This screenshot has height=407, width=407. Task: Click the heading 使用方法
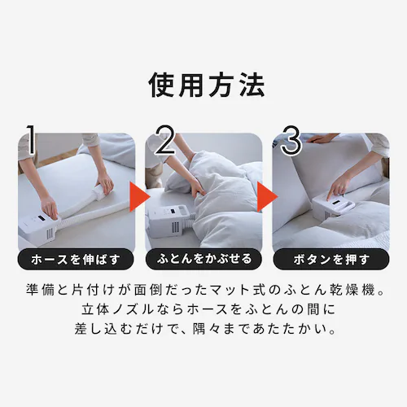207,85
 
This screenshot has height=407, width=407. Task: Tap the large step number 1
31,140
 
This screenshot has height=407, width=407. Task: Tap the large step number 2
165,140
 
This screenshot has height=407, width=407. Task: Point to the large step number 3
291,140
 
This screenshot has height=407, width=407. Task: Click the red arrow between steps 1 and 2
139,197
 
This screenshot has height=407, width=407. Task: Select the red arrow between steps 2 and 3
267,197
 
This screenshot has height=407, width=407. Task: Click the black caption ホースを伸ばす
76,260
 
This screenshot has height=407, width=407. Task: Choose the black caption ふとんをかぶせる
204,260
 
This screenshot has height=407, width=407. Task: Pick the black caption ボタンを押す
331,260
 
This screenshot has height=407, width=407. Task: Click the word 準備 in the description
40,290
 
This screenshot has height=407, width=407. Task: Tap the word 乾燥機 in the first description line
354,290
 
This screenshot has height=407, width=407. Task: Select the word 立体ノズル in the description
113,309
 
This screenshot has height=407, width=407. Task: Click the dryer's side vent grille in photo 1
50,234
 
